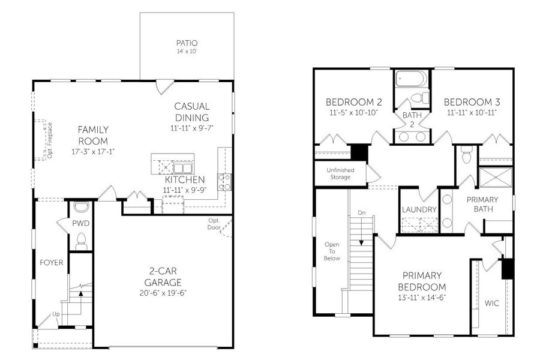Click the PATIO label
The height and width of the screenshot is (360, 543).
(187, 43)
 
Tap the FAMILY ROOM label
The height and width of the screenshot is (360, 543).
(92, 135)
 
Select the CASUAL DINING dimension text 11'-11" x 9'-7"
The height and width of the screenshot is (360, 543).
(192, 128)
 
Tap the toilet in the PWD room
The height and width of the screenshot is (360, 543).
(82, 241)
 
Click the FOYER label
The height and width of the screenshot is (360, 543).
(52, 262)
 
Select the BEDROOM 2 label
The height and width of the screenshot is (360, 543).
(353, 101)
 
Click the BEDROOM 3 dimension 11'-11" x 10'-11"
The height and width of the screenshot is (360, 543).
(471, 112)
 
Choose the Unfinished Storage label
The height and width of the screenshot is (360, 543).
(340, 173)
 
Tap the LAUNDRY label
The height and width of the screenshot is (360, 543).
(419, 209)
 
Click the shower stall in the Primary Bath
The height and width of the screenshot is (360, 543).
(496, 179)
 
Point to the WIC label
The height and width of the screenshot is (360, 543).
(491, 303)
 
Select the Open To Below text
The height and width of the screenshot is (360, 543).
(332, 251)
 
